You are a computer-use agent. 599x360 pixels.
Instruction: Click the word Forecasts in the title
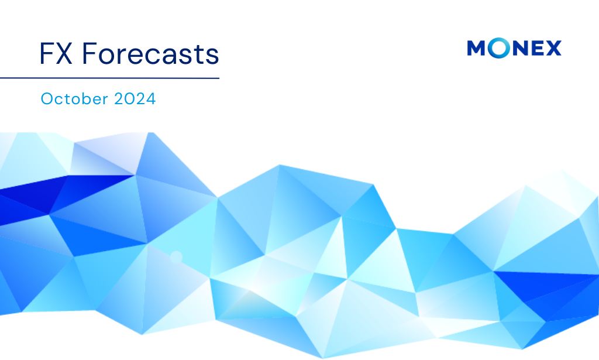click(150, 54)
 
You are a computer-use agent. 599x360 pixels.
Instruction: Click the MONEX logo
click(514, 48)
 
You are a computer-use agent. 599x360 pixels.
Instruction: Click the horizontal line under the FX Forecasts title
click(109, 78)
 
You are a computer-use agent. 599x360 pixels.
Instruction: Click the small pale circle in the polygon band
click(175, 256)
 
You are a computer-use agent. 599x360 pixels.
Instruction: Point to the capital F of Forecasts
click(89, 54)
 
